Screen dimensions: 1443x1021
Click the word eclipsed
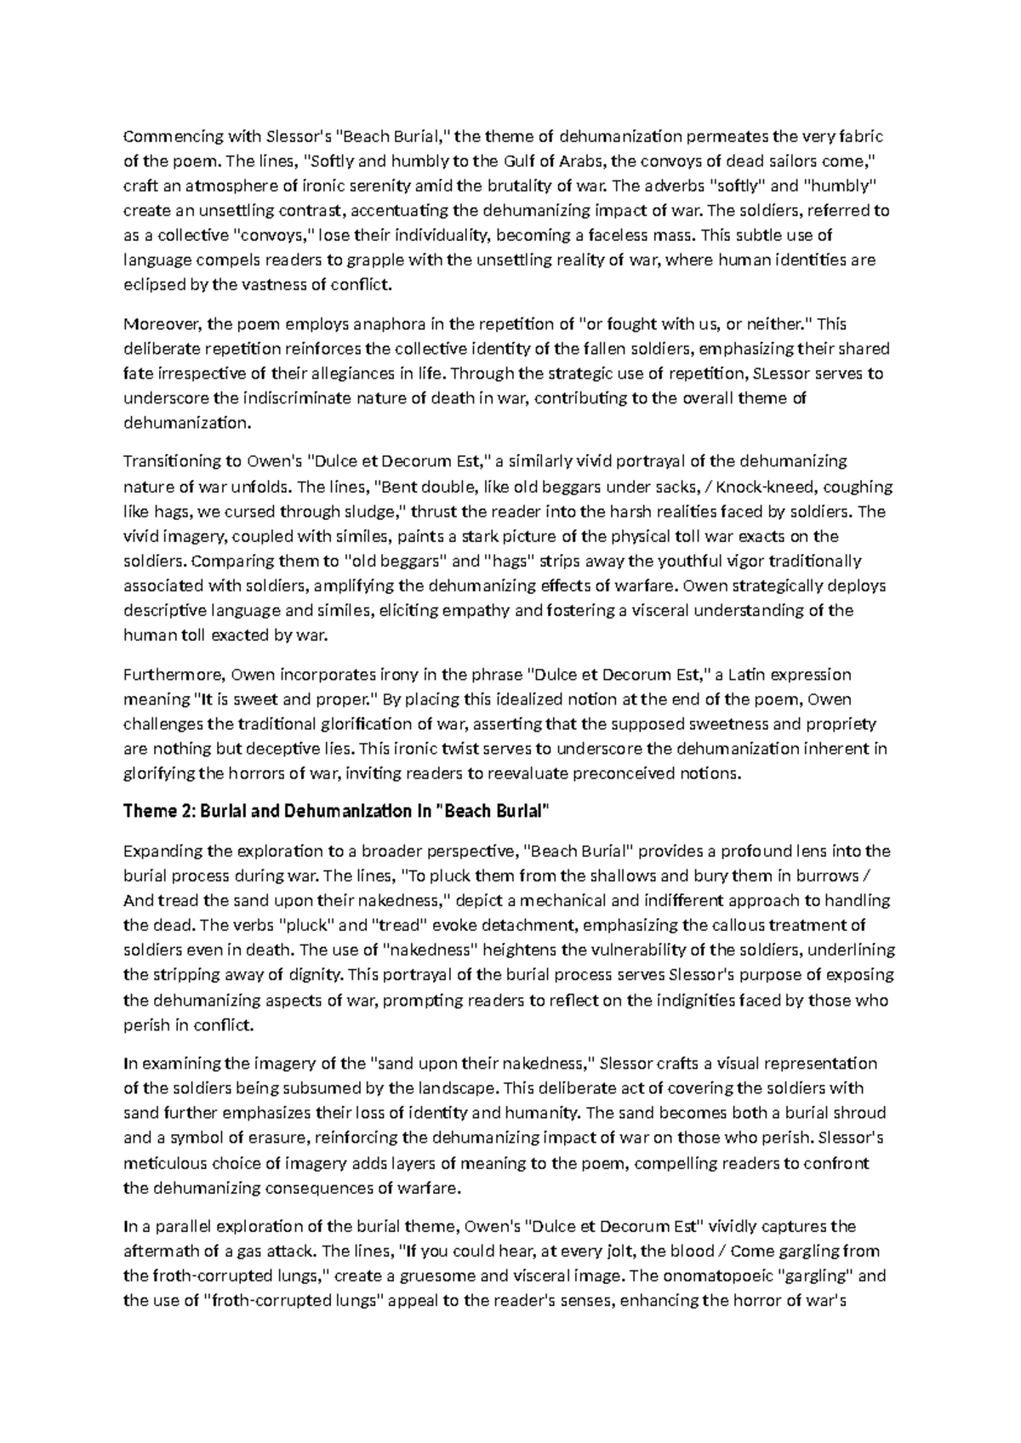click(x=153, y=284)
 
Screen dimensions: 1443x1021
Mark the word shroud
click(x=860, y=1113)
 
